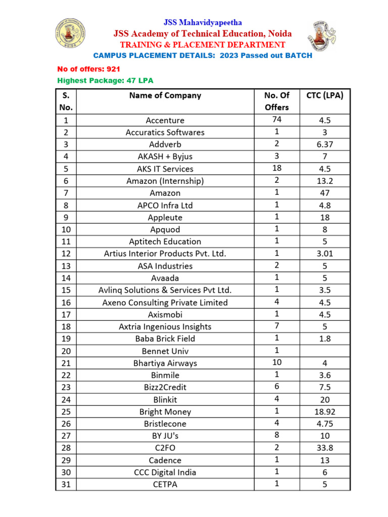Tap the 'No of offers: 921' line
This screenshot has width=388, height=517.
(88, 69)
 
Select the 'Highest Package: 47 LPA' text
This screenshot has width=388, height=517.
(105, 81)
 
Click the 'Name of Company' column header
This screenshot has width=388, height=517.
(165, 95)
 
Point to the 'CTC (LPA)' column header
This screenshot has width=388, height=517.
(325, 95)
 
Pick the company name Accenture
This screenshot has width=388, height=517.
(165, 120)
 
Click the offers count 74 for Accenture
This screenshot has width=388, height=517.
(276, 120)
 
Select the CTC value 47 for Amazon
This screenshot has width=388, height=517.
(325, 193)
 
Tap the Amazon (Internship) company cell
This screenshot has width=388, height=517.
(165, 181)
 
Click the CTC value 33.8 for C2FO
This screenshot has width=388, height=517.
(325, 448)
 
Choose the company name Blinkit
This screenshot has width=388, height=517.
(165, 399)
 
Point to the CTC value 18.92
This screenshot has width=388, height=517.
(325, 411)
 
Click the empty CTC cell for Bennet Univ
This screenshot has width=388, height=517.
(325, 351)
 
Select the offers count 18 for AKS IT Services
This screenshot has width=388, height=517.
(276, 168)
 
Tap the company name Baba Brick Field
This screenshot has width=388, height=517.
(165, 339)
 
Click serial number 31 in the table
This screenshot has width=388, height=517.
(66, 485)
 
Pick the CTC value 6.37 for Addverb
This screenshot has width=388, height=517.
(325, 144)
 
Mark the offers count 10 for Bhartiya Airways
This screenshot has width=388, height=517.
(276, 363)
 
